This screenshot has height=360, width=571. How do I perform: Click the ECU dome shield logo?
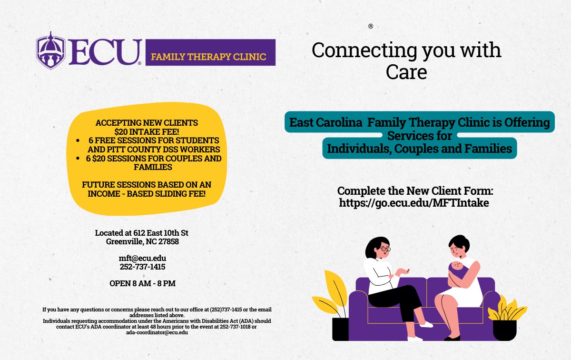click(x=51, y=50)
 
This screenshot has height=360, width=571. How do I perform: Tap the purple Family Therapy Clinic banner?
click(x=208, y=52)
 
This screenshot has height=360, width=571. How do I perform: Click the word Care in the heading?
click(x=406, y=71)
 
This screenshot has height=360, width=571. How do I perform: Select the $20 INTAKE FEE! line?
click(x=147, y=131)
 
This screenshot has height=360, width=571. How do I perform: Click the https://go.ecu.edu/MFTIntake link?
click(x=414, y=202)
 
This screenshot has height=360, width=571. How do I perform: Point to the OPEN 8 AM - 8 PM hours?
click(x=142, y=283)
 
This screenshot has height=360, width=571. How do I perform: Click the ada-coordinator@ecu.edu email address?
click(x=157, y=332)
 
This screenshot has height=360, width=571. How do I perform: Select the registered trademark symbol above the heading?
click(x=371, y=26)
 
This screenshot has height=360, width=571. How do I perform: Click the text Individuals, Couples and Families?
click(x=419, y=149)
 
